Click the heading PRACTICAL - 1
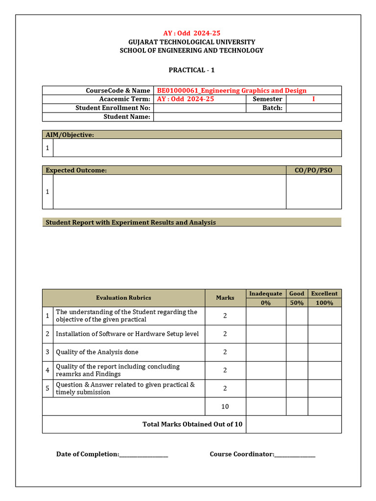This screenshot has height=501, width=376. point(191,70)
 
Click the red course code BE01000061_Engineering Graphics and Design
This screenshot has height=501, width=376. point(232,91)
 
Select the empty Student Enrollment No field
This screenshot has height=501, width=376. point(200,108)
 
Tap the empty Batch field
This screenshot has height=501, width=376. point(313,108)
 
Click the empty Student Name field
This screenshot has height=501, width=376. point(247,117)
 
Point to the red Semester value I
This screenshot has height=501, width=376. point(313,99)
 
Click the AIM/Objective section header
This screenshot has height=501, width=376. point(70,135)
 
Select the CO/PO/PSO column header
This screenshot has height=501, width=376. point(313,170)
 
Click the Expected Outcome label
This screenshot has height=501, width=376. point(76,170)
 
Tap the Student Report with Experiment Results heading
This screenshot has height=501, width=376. point(131,222)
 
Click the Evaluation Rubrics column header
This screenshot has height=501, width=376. point(123,297)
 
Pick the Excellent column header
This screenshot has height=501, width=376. point(324,294)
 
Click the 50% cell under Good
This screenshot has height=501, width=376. point(297,303)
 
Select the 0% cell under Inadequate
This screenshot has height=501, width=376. point(265,303)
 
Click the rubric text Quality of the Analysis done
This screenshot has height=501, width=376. point(97,352)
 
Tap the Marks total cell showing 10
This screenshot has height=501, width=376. point(225,407)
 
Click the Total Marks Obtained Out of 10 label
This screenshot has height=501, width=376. point(192,424)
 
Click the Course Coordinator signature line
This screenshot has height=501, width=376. point(295,455)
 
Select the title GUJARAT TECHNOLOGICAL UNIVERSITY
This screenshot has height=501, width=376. point(191,42)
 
